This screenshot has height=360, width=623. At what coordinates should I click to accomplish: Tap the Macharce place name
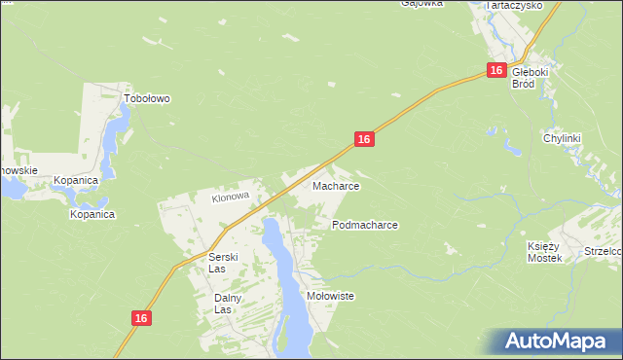336,186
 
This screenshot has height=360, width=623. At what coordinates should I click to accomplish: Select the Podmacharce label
364,225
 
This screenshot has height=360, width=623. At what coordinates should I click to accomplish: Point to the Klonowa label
232,197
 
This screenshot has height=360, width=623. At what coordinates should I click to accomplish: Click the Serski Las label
224,263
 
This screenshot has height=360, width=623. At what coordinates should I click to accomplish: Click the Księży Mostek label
546,251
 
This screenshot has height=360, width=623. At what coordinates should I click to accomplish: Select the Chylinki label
562,138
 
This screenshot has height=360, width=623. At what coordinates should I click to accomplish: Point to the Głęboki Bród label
531,77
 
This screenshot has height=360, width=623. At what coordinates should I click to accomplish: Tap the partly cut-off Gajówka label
422,4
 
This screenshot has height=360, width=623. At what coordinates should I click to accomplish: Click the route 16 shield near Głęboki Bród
496,71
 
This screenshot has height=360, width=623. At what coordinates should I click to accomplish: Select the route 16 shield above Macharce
363,140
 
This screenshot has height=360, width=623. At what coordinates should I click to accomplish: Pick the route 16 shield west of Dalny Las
141,318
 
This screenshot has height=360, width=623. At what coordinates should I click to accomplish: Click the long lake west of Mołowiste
284,282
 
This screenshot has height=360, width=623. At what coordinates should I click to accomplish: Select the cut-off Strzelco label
603,251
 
